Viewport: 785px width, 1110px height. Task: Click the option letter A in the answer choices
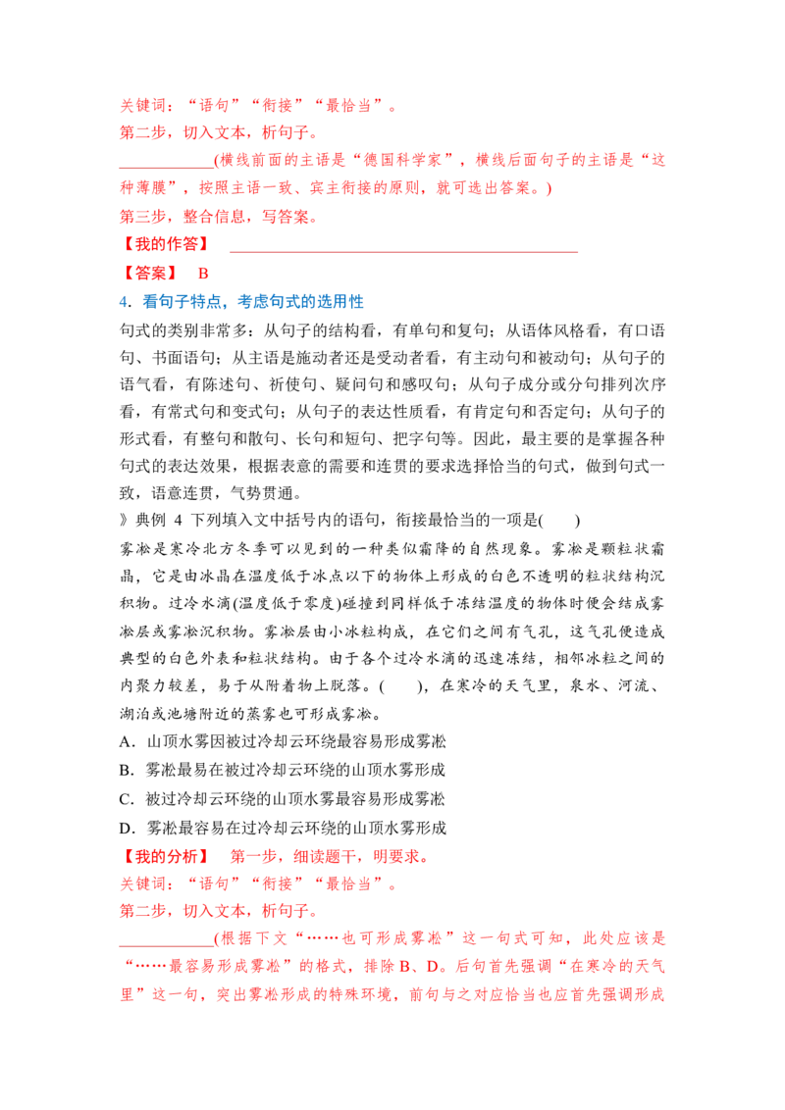(127, 742)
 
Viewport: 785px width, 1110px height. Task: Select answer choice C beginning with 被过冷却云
(282, 799)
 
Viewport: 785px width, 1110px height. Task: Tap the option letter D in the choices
(127, 829)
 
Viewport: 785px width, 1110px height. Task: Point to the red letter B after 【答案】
(203, 274)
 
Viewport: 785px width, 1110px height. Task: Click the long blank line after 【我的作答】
(404, 251)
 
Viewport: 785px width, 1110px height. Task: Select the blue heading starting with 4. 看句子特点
(240, 302)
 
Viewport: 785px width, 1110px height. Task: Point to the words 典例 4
(159, 521)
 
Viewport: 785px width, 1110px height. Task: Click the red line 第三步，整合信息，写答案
(218, 217)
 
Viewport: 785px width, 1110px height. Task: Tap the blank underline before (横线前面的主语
(167, 168)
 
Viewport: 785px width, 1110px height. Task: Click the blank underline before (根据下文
(167, 946)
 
